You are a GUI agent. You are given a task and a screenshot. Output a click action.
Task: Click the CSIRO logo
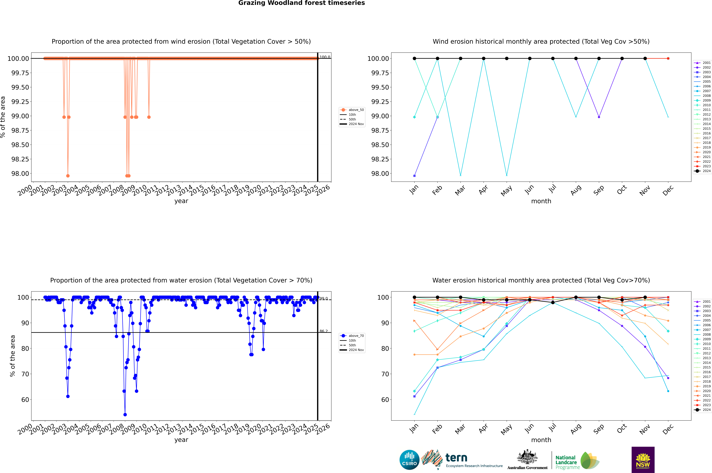(x=409, y=460)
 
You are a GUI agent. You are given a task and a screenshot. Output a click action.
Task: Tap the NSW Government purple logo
(x=643, y=460)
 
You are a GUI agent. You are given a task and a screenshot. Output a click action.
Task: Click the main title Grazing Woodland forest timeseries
(x=302, y=3)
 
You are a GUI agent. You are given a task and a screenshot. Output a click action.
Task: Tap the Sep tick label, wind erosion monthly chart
(x=599, y=190)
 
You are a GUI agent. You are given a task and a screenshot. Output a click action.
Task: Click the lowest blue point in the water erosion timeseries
(x=125, y=415)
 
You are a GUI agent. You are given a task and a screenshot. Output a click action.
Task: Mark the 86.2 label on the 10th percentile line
(x=324, y=331)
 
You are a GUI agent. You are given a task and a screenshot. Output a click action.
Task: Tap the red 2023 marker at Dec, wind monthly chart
(x=668, y=59)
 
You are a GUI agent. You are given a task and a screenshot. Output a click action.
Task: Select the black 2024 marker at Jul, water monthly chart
(x=553, y=303)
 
